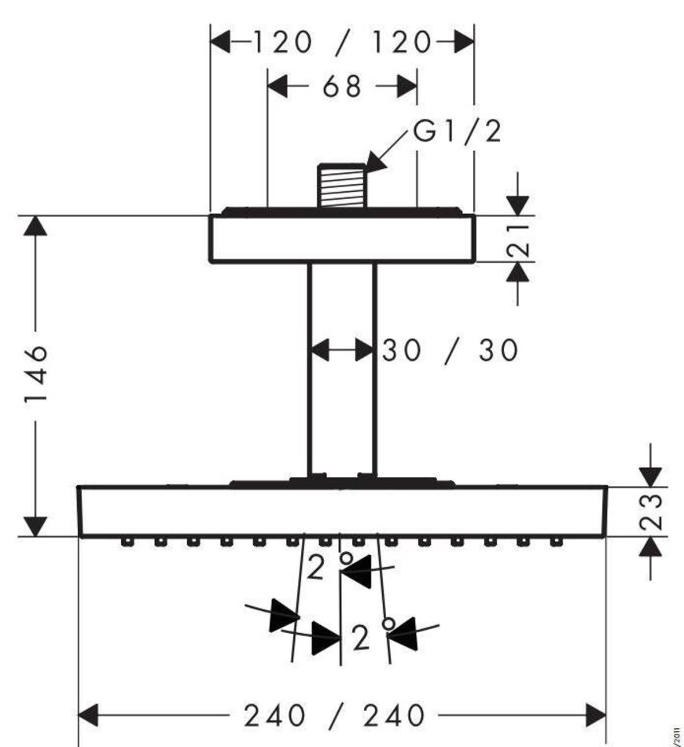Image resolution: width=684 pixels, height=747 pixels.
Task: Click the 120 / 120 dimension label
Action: pos(341,42)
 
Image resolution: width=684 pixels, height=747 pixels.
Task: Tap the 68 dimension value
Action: pos(341,86)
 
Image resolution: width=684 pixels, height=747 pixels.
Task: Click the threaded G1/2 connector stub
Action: pos(343,187)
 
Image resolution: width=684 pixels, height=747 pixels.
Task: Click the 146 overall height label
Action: pos(34,372)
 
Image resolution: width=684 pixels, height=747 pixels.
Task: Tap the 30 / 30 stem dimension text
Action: pos(450,350)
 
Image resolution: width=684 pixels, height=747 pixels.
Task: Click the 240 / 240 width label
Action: pos(334,715)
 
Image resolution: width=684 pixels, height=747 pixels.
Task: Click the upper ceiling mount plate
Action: pos(341,238)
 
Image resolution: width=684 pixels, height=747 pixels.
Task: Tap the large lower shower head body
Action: pos(341,511)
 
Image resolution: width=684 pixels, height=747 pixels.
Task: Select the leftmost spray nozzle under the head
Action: pos(126,542)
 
